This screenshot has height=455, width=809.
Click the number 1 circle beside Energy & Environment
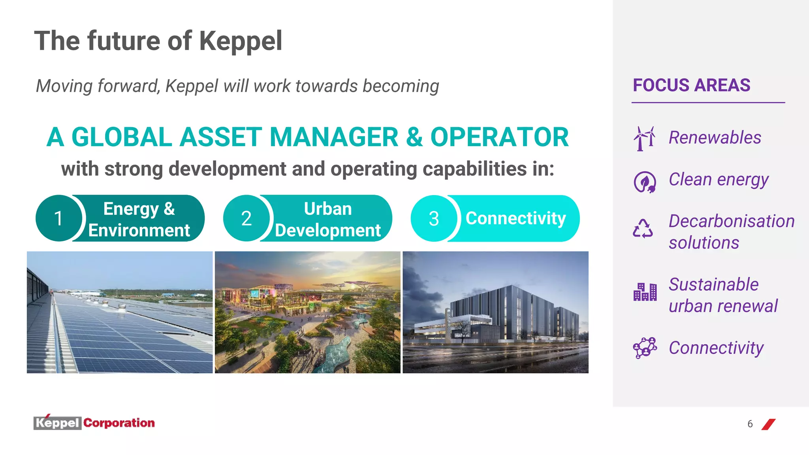pyautogui.click(x=58, y=218)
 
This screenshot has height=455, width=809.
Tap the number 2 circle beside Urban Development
pyautogui.click(x=246, y=218)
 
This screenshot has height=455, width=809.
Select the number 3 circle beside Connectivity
pyautogui.click(x=434, y=218)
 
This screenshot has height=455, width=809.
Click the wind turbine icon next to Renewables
pyautogui.click(x=644, y=138)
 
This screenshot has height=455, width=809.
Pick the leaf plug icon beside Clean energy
pyautogui.click(x=645, y=182)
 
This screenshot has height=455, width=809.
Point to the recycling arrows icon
pyautogui.click(x=643, y=229)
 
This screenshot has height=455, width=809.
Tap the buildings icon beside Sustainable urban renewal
pyautogui.click(x=645, y=292)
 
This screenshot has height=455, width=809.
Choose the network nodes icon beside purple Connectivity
pyautogui.click(x=645, y=348)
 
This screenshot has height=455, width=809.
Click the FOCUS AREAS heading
pyautogui.click(x=691, y=85)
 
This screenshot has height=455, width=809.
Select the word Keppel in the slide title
pyautogui.click(x=241, y=41)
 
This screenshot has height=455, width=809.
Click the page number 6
pyautogui.click(x=750, y=424)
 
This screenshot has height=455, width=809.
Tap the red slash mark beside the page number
pyautogui.click(x=768, y=424)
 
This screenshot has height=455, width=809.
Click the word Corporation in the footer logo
pyautogui.click(x=119, y=423)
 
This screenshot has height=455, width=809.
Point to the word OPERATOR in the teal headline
pyautogui.click(x=499, y=137)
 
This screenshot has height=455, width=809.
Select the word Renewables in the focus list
pyautogui.click(x=715, y=138)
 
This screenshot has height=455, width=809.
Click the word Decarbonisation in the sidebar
pyautogui.click(x=731, y=221)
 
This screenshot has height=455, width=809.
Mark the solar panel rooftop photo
pyautogui.click(x=120, y=312)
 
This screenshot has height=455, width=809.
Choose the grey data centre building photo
pyautogui.click(x=495, y=312)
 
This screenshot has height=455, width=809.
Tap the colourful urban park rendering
pyautogui.click(x=307, y=312)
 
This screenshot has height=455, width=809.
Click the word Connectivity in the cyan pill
pyautogui.click(x=516, y=218)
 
